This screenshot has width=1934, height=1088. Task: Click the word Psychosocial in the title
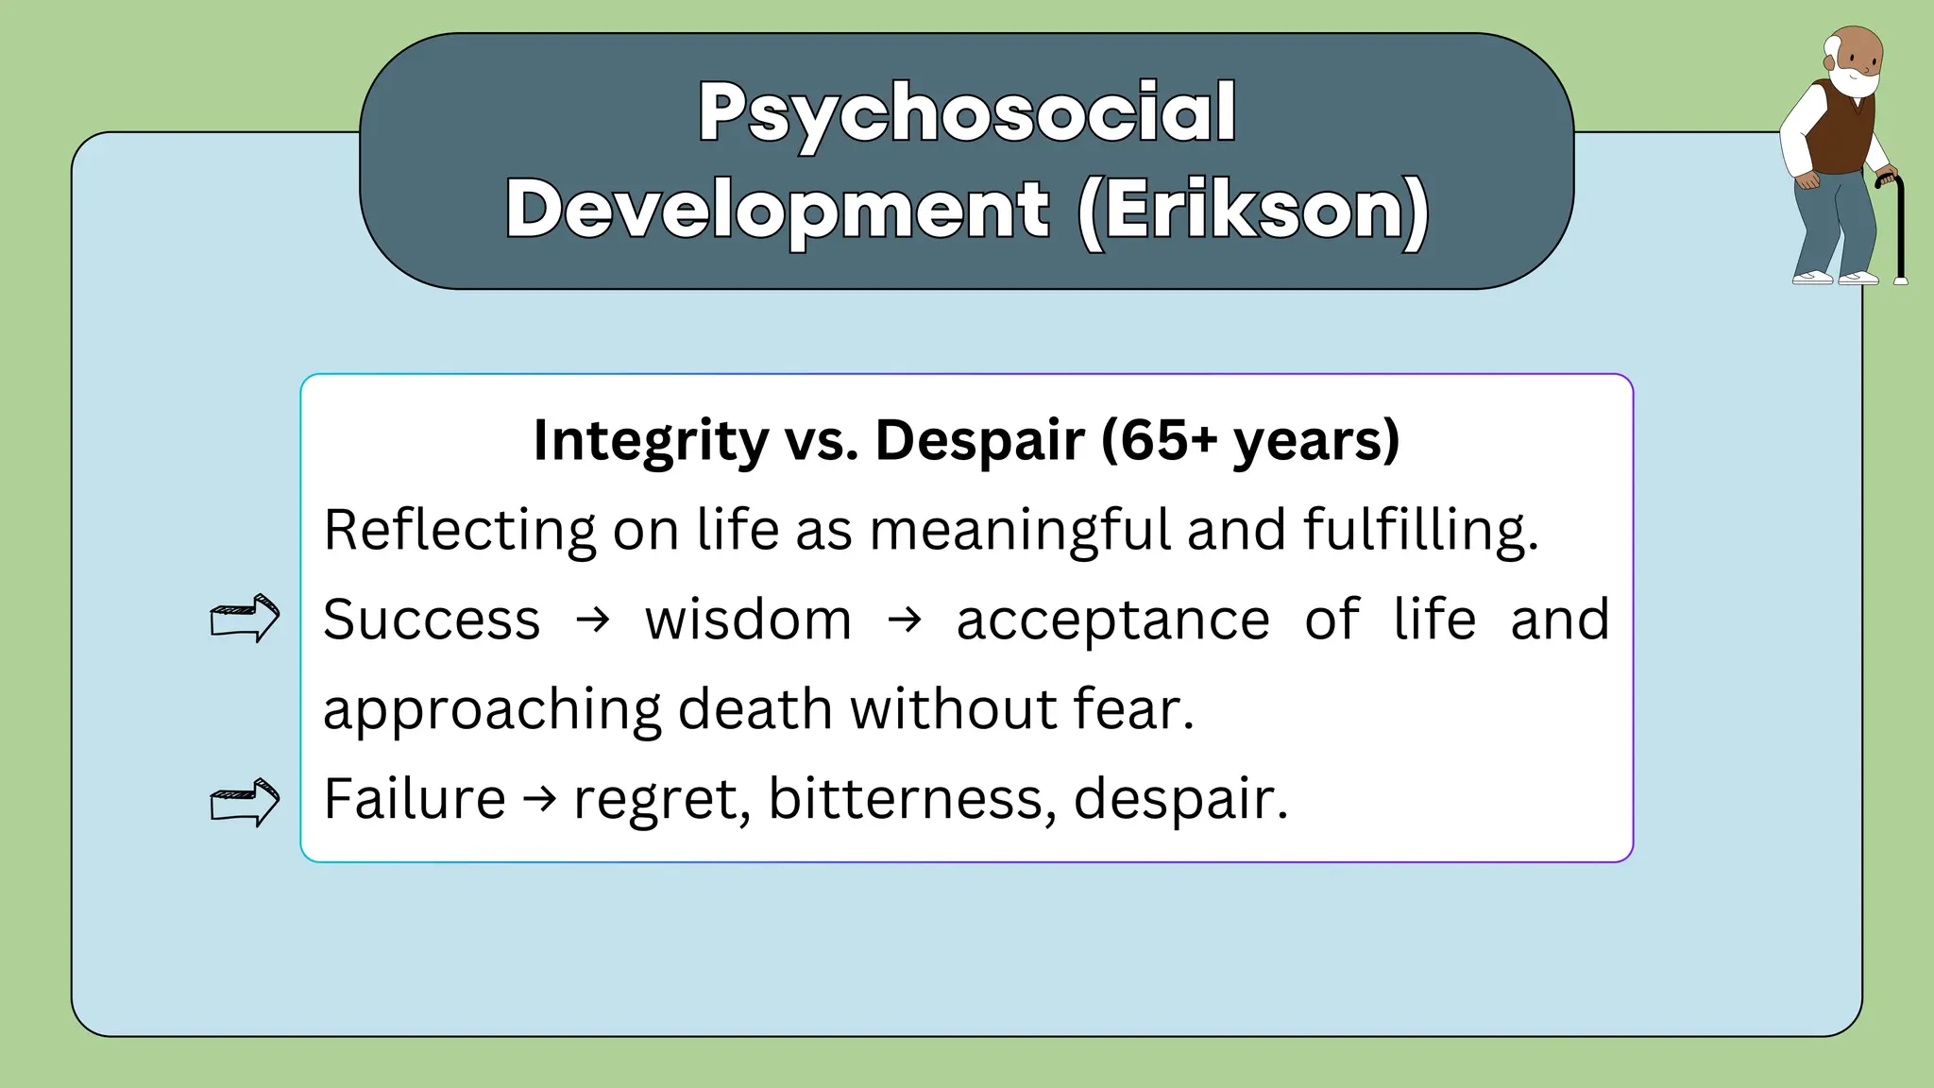[967, 113]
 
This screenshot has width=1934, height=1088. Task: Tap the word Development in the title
[777, 210]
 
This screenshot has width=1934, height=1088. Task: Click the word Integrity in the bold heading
[652, 441]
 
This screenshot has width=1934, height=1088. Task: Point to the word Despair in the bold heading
[980, 441]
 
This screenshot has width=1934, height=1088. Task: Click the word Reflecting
[459, 530]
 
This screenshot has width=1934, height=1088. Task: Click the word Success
[432, 620]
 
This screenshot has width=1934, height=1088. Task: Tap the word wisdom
[748, 620]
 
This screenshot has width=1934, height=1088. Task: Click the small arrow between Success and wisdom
[593, 620]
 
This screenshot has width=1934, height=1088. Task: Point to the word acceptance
[1112, 620]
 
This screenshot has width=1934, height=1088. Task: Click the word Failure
[415, 799]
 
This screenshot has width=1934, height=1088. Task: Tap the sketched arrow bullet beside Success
[245, 619]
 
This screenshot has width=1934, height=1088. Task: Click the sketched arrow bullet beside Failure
[245, 803]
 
